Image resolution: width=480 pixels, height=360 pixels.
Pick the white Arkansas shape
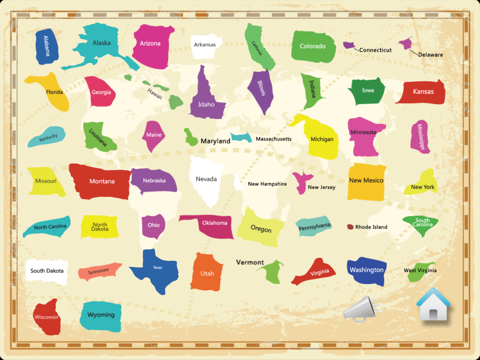coord(206,45)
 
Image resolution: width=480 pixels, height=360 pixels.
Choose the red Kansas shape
coord(421,92)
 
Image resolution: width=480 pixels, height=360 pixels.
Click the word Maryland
coord(215,141)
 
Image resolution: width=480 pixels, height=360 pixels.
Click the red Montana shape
coord(100,182)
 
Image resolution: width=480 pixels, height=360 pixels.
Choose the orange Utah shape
coord(206,271)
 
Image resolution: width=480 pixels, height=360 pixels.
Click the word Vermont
coord(250,262)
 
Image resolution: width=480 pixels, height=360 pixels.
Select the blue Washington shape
coord(366,270)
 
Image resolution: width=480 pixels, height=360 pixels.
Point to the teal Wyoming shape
coord(100,316)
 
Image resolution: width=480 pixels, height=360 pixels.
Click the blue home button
coord(433,305)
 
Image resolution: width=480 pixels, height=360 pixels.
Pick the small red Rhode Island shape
coord(351,227)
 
